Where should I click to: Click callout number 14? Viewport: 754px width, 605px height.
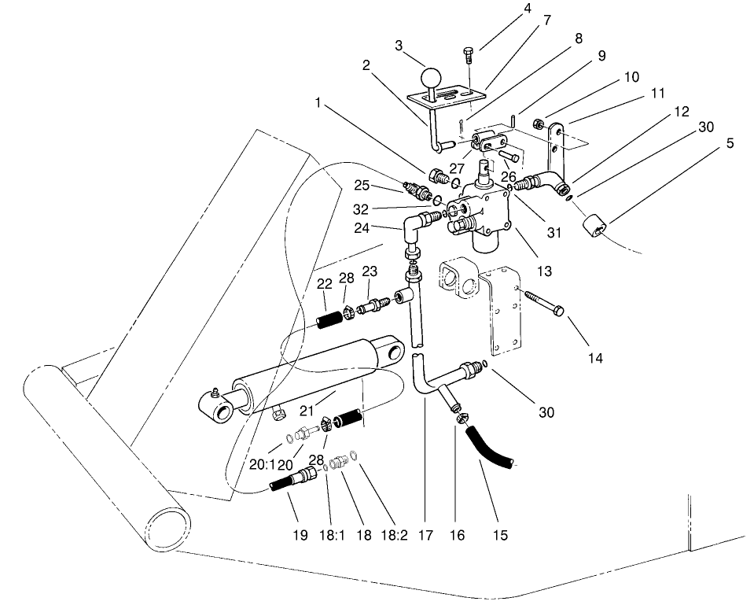pos(595,358)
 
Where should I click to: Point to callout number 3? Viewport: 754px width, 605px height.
pos(399,47)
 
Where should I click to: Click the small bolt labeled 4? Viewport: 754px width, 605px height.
pos(469,56)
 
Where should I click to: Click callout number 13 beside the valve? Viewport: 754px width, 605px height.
pos(544,271)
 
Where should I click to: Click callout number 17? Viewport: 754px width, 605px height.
pos(425,537)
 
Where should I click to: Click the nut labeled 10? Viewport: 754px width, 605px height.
pos(539,124)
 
